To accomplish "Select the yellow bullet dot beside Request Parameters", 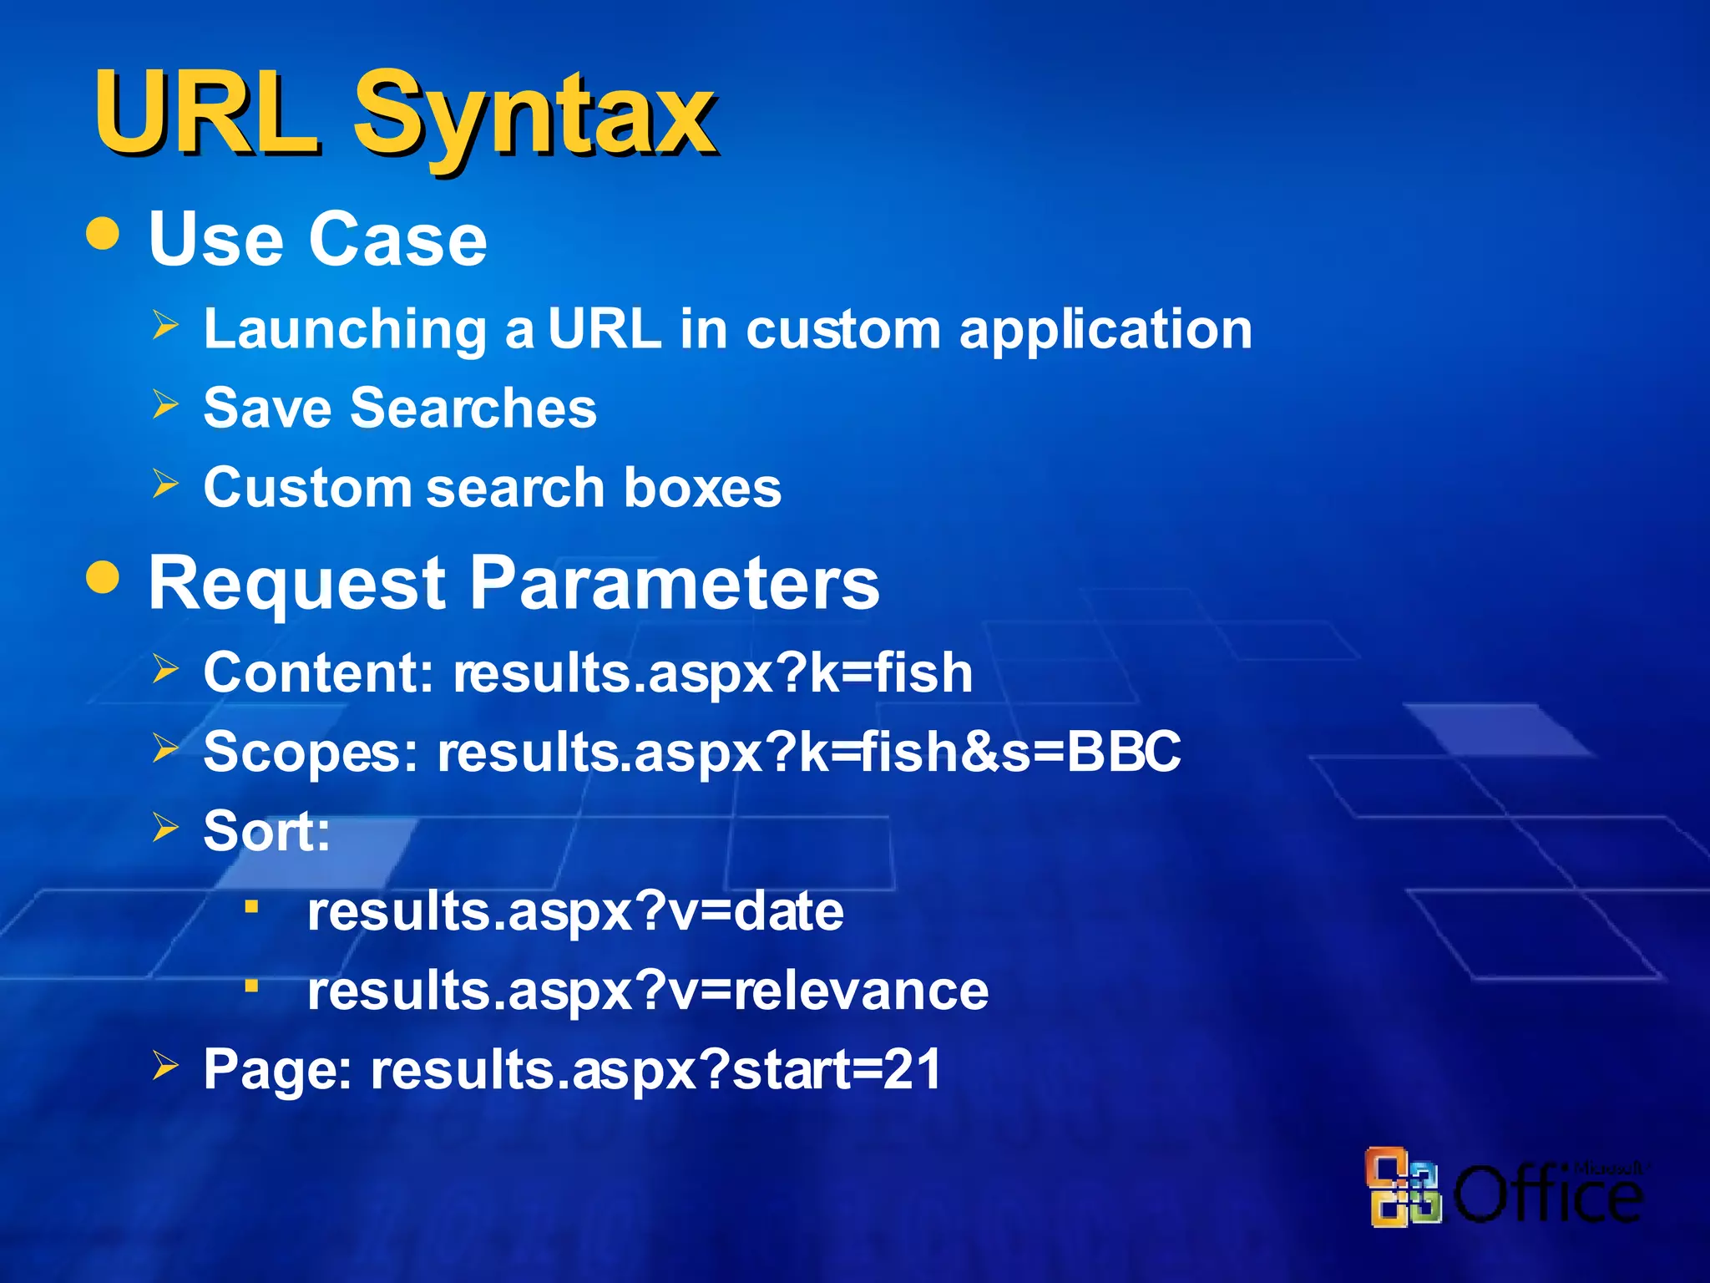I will click(x=103, y=577).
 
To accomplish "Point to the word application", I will click(x=1105, y=329).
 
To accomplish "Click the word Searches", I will click(x=473, y=408).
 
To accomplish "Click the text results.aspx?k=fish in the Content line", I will click(x=713, y=673).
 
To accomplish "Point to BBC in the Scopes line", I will click(x=1123, y=752).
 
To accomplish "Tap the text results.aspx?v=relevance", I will click(x=648, y=991).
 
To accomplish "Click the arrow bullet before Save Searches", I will click(x=165, y=404).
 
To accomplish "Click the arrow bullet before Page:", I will click(x=165, y=1066).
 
